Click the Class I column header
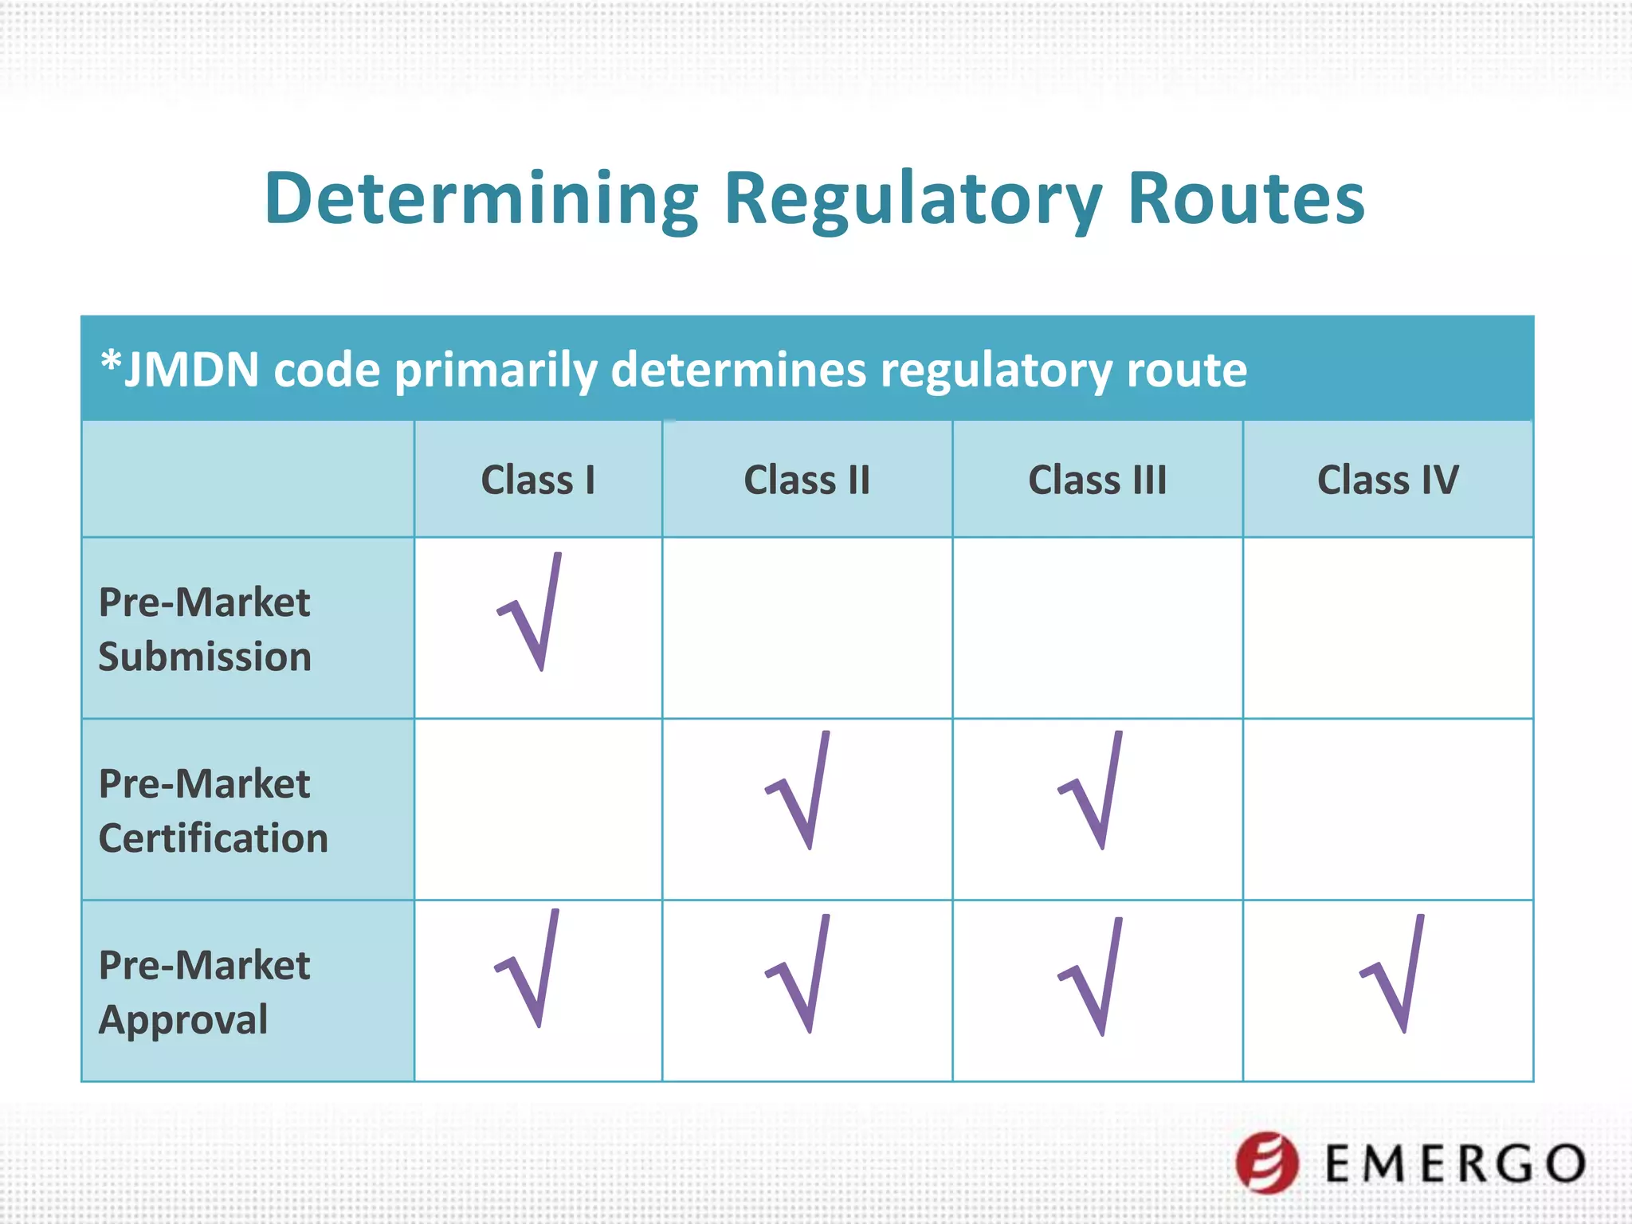pyautogui.click(x=538, y=480)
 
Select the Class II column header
pyautogui.click(x=806, y=480)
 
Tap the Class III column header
pyautogui.click(x=1097, y=480)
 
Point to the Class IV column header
pyautogui.click(x=1388, y=480)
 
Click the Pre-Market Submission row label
pyautogui.click(x=205, y=629)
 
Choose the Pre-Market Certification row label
pyautogui.click(x=213, y=810)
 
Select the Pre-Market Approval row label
pyautogui.click(x=204, y=992)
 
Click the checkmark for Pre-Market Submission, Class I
pyautogui.click(x=532, y=614)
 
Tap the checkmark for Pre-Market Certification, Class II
pyautogui.click(x=800, y=792)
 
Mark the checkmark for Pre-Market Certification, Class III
pyautogui.click(x=1093, y=792)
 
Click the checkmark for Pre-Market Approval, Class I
pyautogui.click(x=530, y=971)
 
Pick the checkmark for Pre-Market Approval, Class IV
pyautogui.click(x=1395, y=975)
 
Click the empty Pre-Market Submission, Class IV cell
pyautogui.click(x=1388, y=628)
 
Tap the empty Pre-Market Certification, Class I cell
pyautogui.click(x=538, y=810)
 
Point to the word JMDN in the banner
pyautogui.click(x=191, y=370)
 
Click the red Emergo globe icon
pyautogui.click(x=1267, y=1163)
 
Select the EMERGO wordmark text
pyautogui.click(x=1455, y=1164)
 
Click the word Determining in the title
pyautogui.click(x=481, y=199)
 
